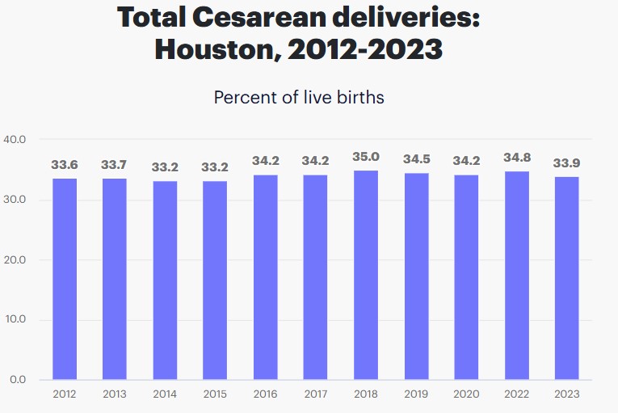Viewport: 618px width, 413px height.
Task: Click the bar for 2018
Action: click(x=365, y=275)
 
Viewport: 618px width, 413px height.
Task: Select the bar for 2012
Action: click(x=65, y=279)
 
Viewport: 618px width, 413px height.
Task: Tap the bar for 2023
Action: click(x=566, y=278)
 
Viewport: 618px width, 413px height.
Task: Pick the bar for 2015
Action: click(x=215, y=280)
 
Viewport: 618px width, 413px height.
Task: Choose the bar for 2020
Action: click(x=466, y=277)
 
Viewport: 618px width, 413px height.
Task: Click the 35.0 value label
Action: click(x=365, y=157)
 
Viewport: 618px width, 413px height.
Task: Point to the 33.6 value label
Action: click(x=65, y=165)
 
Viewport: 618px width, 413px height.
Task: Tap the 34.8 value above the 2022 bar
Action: click(x=516, y=158)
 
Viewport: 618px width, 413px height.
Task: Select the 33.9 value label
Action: click(x=566, y=163)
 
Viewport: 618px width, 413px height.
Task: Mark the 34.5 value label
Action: click(x=416, y=160)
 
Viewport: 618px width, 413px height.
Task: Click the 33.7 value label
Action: click(x=115, y=165)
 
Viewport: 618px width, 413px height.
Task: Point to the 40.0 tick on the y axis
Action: click(x=15, y=140)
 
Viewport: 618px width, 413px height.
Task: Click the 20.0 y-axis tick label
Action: click(x=15, y=260)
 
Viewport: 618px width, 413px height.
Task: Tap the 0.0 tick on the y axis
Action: click(x=17, y=380)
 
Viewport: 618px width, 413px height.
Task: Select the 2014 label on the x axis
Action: click(x=165, y=394)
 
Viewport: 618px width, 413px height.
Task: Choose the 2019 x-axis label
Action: click(x=416, y=394)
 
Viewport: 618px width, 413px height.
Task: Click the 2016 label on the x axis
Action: click(x=265, y=394)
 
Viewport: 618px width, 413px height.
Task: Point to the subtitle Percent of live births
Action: click(x=298, y=98)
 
